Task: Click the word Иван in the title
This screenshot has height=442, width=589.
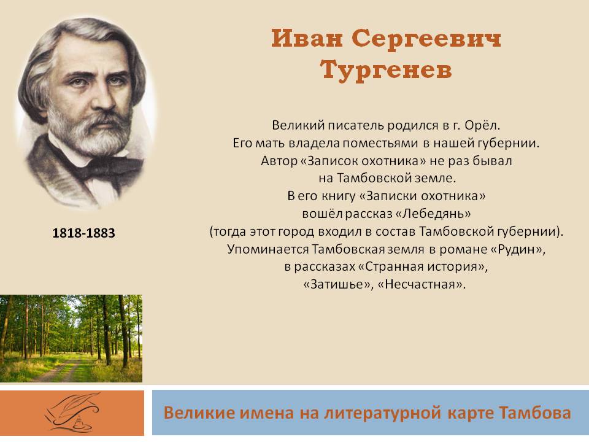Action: tap(307, 38)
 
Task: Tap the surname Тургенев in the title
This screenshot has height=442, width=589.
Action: tap(386, 71)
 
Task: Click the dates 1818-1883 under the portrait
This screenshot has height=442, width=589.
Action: tap(84, 233)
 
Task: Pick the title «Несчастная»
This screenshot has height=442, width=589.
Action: tap(421, 284)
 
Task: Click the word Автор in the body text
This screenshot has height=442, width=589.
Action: tap(279, 160)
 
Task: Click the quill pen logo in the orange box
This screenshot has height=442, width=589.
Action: tap(72, 413)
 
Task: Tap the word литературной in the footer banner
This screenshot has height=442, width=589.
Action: tap(382, 413)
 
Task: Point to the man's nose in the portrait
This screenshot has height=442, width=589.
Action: tap(101, 98)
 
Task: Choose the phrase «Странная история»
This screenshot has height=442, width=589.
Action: tap(423, 266)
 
